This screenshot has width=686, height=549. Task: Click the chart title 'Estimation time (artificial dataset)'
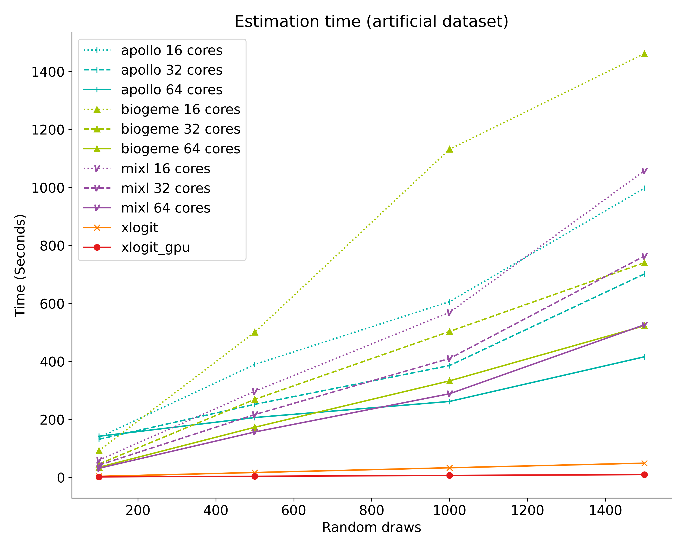371,22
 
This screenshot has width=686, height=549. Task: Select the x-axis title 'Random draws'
371,527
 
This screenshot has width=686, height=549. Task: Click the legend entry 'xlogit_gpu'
155,247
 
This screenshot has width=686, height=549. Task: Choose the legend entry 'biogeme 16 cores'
180,110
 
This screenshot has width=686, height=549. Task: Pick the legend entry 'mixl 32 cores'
166,188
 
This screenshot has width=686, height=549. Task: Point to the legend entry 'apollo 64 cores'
171,90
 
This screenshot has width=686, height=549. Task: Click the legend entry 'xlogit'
139,228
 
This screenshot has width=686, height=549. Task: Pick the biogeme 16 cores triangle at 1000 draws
449,149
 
